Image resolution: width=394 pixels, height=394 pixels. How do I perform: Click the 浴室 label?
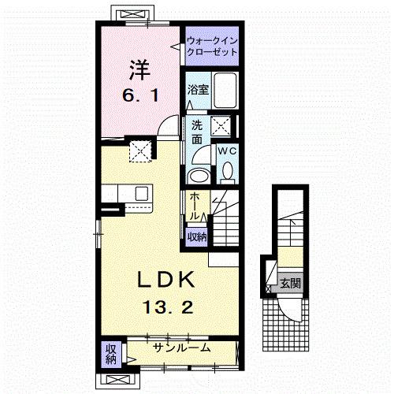pyautogui.click(x=198, y=91)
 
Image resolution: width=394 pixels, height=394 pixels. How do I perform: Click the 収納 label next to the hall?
pyautogui.click(x=196, y=236)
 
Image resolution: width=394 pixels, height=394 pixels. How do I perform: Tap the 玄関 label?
pyautogui.click(x=289, y=282)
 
